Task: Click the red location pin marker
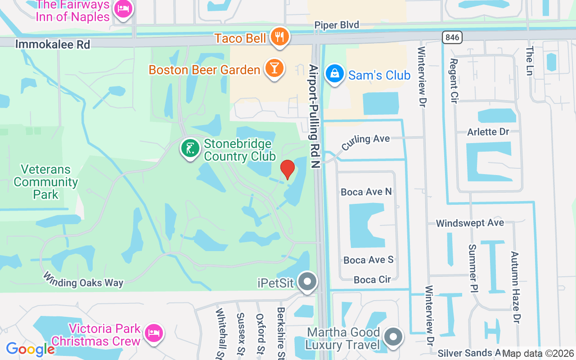(288, 169)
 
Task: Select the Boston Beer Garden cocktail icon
(273, 68)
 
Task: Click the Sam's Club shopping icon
(334, 74)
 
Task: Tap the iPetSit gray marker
(308, 282)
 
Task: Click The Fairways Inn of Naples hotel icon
(123, 9)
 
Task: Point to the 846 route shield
(452, 37)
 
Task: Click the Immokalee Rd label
(53, 44)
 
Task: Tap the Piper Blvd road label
(337, 25)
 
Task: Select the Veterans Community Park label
(46, 182)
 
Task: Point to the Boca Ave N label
(366, 192)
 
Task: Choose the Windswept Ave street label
(470, 223)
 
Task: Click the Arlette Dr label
(488, 132)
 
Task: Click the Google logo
(30, 349)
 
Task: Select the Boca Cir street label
(372, 279)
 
